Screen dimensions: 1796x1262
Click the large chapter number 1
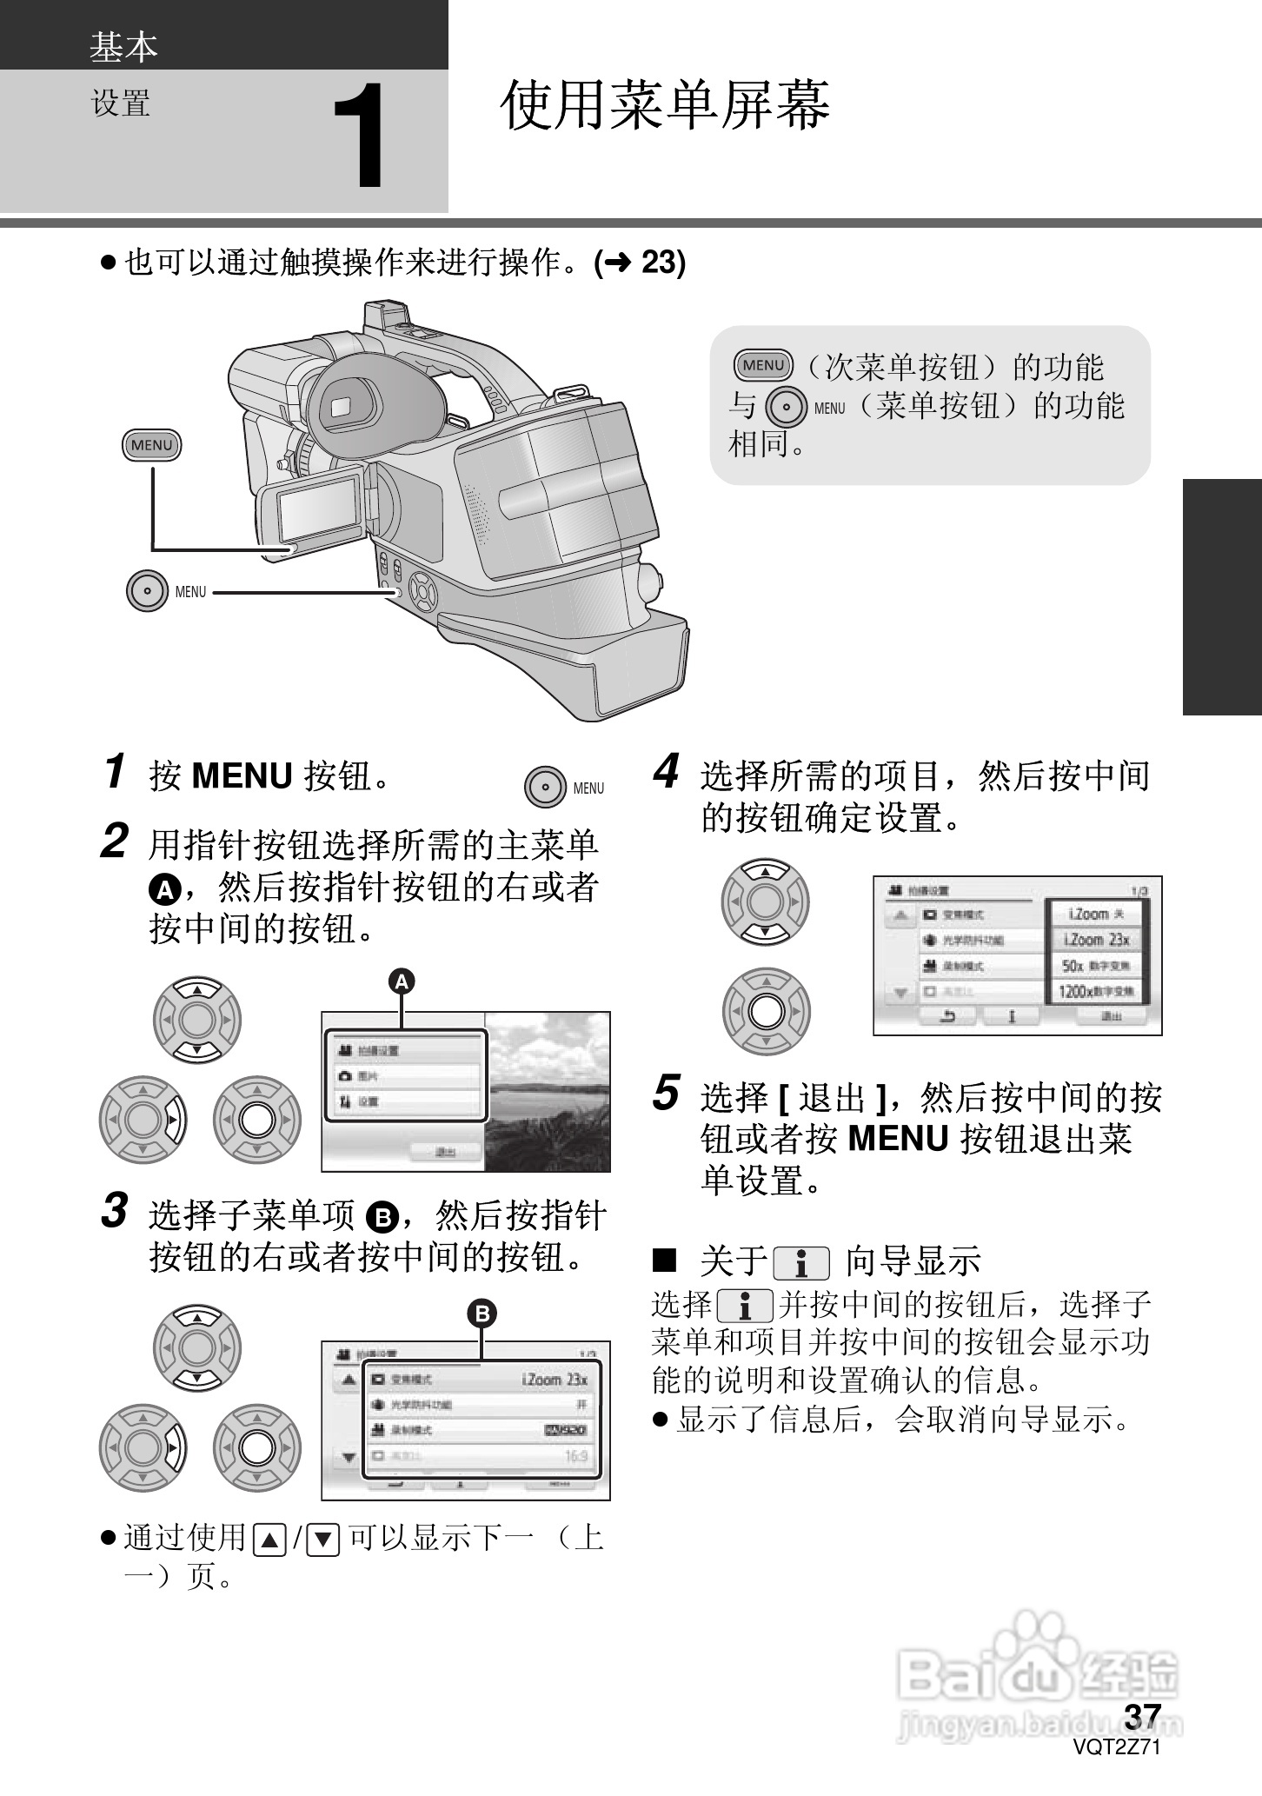click(x=359, y=137)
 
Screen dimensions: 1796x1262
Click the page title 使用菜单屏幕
click(x=665, y=106)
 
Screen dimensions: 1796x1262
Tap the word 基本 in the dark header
click(x=123, y=47)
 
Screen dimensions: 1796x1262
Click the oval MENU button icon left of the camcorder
click(x=151, y=445)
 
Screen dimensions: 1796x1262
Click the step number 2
click(x=115, y=841)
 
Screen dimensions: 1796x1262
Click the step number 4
click(x=666, y=772)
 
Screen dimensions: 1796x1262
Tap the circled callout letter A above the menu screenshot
click(x=401, y=981)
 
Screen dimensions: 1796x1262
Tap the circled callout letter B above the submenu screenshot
click(x=482, y=1313)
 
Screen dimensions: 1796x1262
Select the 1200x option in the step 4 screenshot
click(x=1097, y=991)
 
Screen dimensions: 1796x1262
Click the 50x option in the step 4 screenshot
click(x=1097, y=966)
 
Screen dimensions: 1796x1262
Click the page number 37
click(x=1142, y=1715)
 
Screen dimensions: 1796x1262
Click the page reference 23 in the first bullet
click(x=662, y=262)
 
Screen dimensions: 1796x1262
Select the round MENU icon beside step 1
click(x=546, y=788)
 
